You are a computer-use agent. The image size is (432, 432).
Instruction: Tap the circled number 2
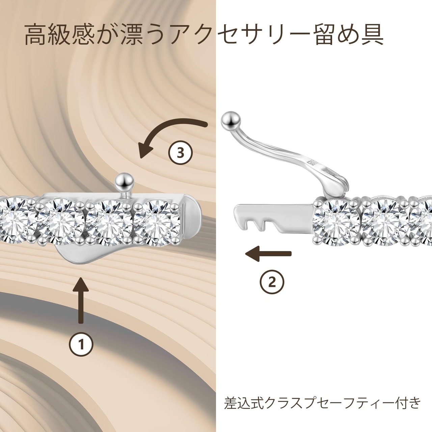click(x=272, y=282)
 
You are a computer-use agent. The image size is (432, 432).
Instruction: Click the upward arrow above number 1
click(x=81, y=300)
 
